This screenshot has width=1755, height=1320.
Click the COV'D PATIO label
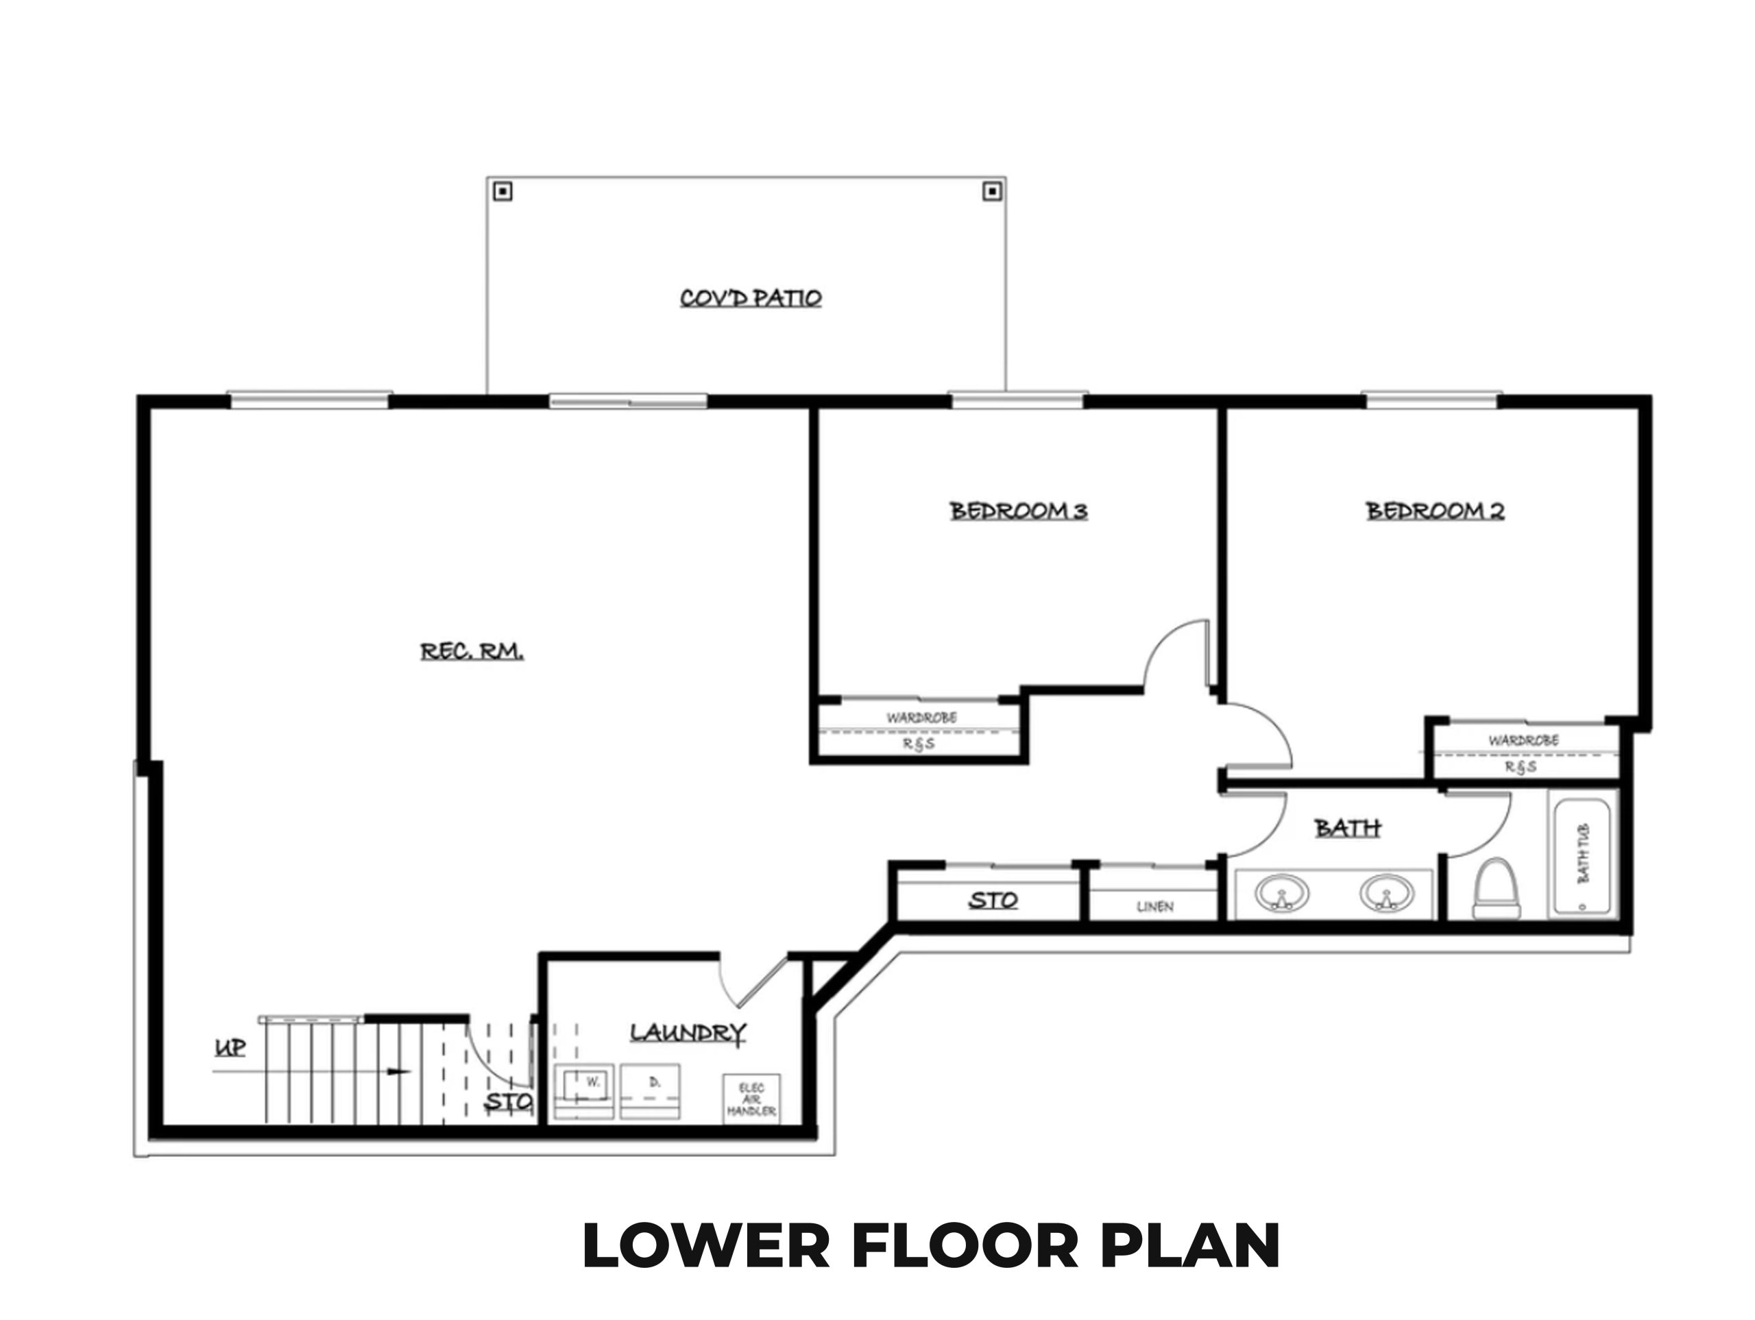pos(751,298)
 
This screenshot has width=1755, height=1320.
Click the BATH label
pos(1348,828)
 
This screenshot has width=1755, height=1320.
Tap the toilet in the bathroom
pos(1497,888)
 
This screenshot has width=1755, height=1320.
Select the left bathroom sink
pos(1281,894)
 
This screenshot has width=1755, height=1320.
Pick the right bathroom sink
pos(1387,894)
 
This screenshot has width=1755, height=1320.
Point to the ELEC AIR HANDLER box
pos(751,1099)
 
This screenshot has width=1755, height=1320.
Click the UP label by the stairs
pos(230,1048)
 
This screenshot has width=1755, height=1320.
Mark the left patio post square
pos(503,191)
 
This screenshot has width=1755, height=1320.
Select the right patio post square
pos(992,191)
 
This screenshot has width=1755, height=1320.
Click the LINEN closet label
pos(1155,907)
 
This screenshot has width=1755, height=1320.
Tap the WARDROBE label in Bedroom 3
pos(921,718)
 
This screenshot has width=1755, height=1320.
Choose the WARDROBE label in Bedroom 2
pos(1523,740)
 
